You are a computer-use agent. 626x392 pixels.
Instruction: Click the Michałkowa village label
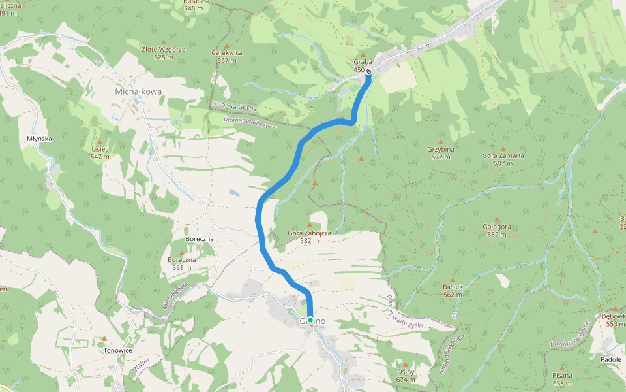pos(138,92)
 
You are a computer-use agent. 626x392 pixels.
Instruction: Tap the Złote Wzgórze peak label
pos(164,49)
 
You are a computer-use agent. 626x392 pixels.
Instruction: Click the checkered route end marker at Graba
pos(368,71)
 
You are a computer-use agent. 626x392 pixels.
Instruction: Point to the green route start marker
pos(311,319)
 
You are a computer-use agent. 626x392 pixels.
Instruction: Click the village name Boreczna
pos(200,239)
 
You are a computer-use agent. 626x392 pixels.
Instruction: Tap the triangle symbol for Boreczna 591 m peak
pos(181,253)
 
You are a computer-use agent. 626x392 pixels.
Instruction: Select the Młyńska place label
pos(39,139)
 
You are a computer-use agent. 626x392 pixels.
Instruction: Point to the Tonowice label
pos(118,350)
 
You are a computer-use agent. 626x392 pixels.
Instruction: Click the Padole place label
pos(610,359)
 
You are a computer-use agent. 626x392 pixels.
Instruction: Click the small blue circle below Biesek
pos(455,316)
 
